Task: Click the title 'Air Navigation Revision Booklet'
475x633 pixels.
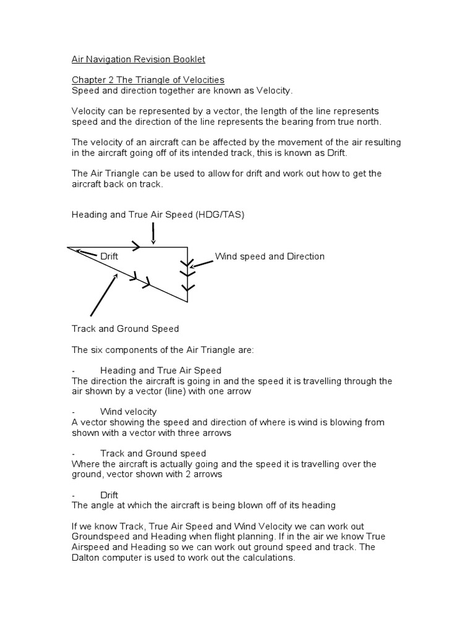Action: pyautogui.click(x=138, y=59)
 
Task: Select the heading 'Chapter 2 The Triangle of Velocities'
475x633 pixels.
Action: pyautogui.click(x=148, y=80)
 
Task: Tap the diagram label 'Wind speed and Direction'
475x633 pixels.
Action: pyautogui.click(x=269, y=257)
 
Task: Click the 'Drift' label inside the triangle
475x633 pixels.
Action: pyautogui.click(x=109, y=257)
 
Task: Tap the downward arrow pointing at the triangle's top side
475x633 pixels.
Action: pyautogui.click(x=153, y=234)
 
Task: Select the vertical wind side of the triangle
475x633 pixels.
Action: pyautogui.click(x=187, y=274)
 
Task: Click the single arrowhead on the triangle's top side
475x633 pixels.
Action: pyautogui.click(x=136, y=247)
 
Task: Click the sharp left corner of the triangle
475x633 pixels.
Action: pyautogui.click(x=69, y=248)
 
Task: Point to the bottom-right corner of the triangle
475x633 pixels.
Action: pyautogui.click(x=187, y=302)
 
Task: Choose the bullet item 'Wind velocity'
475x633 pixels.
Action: pyautogui.click(x=128, y=412)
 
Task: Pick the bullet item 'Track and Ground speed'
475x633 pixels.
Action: pyautogui.click(x=153, y=453)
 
